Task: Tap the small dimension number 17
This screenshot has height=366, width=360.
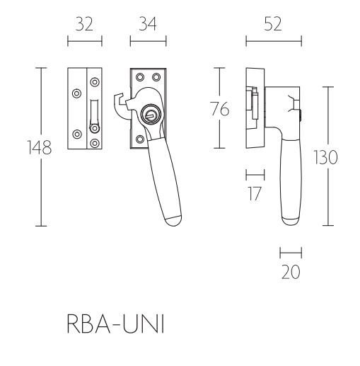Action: [255, 192]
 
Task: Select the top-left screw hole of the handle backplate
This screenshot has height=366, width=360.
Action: [140, 77]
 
